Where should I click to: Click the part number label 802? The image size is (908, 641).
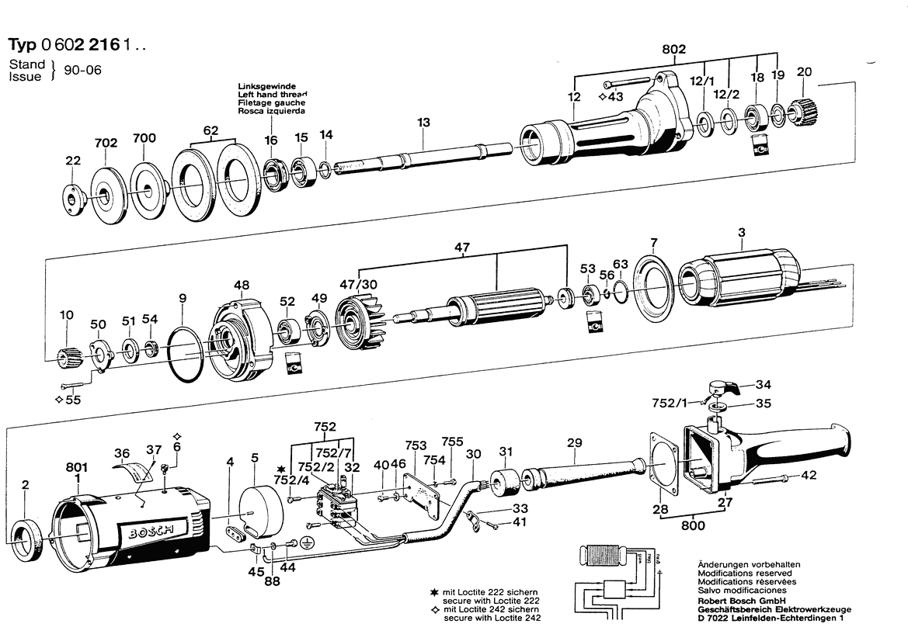tap(673, 49)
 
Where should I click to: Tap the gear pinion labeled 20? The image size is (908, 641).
tap(801, 112)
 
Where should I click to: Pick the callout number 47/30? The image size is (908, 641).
tap(358, 285)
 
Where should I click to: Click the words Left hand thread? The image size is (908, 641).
tap(272, 94)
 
